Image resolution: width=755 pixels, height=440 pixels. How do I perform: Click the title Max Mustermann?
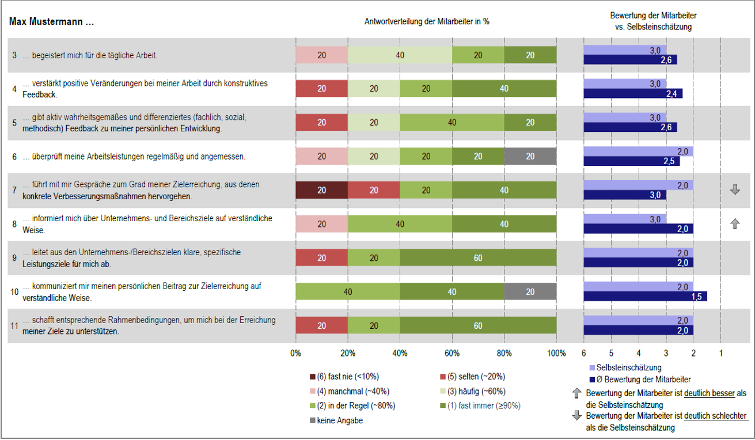coord(51,22)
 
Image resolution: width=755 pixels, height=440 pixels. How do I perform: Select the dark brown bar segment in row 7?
coord(321,190)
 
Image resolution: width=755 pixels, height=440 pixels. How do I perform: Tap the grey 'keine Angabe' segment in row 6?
coord(530,156)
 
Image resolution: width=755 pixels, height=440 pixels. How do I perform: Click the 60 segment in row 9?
coord(478,257)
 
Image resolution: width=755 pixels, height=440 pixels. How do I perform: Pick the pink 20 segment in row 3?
coord(321,55)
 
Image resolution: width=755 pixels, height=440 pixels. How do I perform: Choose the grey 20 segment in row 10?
coord(530,291)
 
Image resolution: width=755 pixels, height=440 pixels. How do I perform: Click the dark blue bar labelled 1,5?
coord(645,296)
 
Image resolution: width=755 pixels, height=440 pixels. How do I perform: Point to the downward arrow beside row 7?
coord(735,190)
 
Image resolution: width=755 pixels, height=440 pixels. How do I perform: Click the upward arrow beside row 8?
coord(735,224)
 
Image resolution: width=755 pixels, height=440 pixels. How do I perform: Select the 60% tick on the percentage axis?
coord(452,352)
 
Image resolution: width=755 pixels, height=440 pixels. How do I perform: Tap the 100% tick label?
coord(556,352)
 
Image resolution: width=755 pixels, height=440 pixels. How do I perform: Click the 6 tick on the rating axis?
coord(584,352)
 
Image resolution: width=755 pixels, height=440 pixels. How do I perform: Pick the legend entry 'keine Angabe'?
coord(339,420)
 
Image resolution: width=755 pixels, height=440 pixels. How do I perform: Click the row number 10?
coord(14,291)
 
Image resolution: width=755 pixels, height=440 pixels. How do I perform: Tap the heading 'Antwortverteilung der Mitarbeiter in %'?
coord(427,22)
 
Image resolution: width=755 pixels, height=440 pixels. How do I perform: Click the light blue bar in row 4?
coord(625,84)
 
